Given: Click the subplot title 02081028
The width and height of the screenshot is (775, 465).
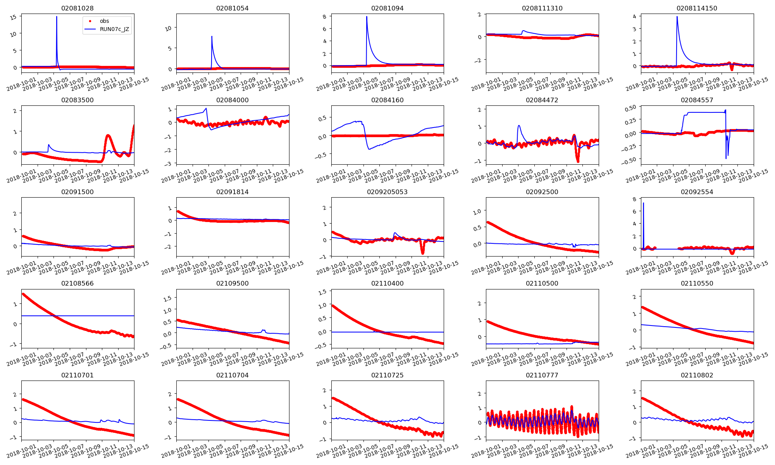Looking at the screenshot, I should pyautogui.click(x=77, y=8).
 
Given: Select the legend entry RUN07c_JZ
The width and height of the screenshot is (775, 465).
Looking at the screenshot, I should pyautogui.click(x=114, y=29).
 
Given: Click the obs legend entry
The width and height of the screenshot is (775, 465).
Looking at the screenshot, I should pyautogui.click(x=104, y=21).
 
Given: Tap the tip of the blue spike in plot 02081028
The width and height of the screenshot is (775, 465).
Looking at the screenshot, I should pyautogui.click(x=57, y=17).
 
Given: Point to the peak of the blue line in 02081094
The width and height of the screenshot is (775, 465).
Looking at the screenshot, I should pyautogui.click(x=367, y=17).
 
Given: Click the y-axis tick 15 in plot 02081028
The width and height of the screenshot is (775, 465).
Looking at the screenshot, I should pyautogui.click(x=14, y=17).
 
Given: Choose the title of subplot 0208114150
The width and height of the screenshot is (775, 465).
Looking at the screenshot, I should pyautogui.click(x=697, y=8).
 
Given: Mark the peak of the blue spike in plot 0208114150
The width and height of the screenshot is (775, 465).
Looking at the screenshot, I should pyautogui.click(x=677, y=17).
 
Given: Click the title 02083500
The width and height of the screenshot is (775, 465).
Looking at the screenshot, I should pyautogui.click(x=77, y=100).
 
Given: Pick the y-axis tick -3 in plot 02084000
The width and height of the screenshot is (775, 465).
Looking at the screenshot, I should pyautogui.click(x=169, y=164).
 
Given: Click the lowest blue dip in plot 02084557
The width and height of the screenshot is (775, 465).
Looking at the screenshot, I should pyautogui.click(x=726, y=158).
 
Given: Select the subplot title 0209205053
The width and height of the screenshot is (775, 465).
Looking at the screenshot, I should pyautogui.click(x=387, y=192).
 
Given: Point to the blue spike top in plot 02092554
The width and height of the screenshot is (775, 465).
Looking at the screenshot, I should pyautogui.click(x=644, y=203).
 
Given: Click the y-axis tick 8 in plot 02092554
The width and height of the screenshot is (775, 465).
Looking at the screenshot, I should pyautogui.click(x=634, y=199).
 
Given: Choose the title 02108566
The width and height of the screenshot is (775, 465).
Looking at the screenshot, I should pyautogui.click(x=77, y=283).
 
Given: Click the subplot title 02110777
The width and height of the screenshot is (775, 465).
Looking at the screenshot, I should pyautogui.click(x=542, y=375).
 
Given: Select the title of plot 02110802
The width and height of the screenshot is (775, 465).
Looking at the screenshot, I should pyautogui.click(x=697, y=375).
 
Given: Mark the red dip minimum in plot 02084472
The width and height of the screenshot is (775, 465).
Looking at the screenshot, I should pyautogui.click(x=578, y=161).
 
